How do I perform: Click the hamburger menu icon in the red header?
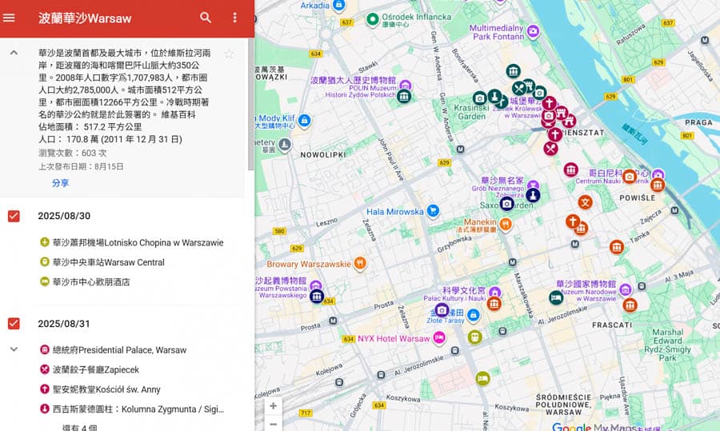10,18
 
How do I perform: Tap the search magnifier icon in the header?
206,18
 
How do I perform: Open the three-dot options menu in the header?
234,18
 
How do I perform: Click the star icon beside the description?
229,54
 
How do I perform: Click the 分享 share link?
61,183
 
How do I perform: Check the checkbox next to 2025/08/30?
14,216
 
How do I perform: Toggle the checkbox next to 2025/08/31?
14,323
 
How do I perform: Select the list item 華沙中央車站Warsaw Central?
108,262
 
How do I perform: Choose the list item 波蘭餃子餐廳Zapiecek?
96,369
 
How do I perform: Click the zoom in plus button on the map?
274,406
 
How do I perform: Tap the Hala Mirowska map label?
394,212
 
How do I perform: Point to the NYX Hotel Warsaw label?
394,338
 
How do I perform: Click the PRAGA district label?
698,122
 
